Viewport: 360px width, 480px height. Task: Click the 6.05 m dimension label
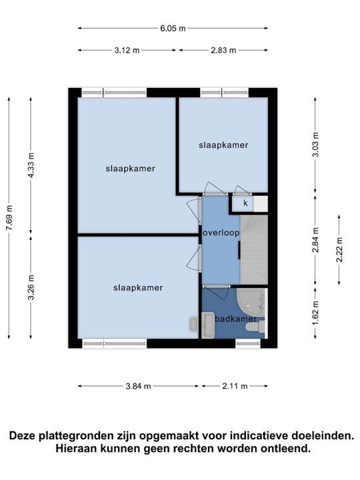(x=173, y=28)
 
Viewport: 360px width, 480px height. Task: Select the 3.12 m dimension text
(x=127, y=50)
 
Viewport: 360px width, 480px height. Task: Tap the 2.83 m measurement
(x=223, y=50)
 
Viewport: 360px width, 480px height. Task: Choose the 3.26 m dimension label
(x=31, y=288)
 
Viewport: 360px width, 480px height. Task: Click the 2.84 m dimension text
(x=315, y=241)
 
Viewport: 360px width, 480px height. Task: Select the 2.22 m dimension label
(x=339, y=250)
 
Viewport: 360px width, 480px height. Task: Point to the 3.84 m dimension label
(x=137, y=386)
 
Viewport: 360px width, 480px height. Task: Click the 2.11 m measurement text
(x=235, y=386)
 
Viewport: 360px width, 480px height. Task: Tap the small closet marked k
(x=245, y=203)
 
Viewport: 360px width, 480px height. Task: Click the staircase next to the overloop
(x=253, y=250)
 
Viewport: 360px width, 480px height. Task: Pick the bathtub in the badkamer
(x=249, y=302)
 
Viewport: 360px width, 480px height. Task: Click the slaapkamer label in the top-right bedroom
(x=223, y=145)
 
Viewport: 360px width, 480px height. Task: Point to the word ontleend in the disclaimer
(x=286, y=449)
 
